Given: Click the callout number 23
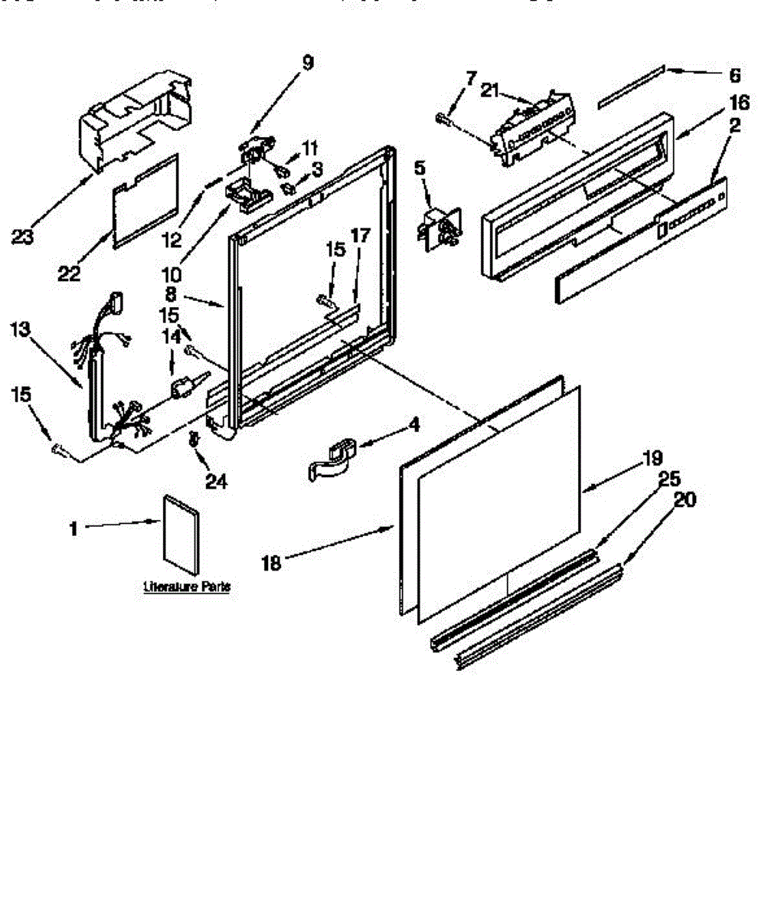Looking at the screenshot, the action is (x=22, y=237).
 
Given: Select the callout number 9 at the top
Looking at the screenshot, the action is (x=307, y=63).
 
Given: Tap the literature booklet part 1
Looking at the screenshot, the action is (x=181, y=533).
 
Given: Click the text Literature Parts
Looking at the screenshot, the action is (x=187, y=587).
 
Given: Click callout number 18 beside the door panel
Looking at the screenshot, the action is (x=273, y=563).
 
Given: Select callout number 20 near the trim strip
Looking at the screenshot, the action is (x=685, y=501).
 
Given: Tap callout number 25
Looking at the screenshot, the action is (x=668, y=479).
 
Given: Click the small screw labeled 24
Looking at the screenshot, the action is (x=193, y=440).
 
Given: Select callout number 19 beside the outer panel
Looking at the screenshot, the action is (x=652, y=459).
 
